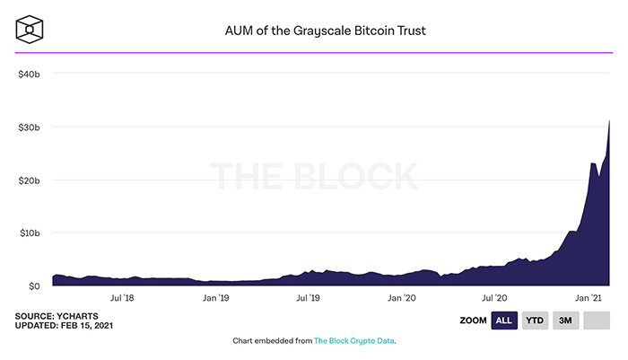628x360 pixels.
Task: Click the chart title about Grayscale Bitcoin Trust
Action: (x=324, y=31)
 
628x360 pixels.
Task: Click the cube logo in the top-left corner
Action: (x=31, y=30)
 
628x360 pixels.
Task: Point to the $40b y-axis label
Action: (x=29, y=74)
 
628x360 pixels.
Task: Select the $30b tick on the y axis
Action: (x=29, y=127)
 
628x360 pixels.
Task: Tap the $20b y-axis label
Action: (x=29, y=180)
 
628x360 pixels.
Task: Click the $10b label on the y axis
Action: (x=29, y=233)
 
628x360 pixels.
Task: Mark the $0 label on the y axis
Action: (x=33, y=286)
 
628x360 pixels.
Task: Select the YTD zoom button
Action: (x=536, y=320)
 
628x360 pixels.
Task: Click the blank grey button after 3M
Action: (x=597, y=320)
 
